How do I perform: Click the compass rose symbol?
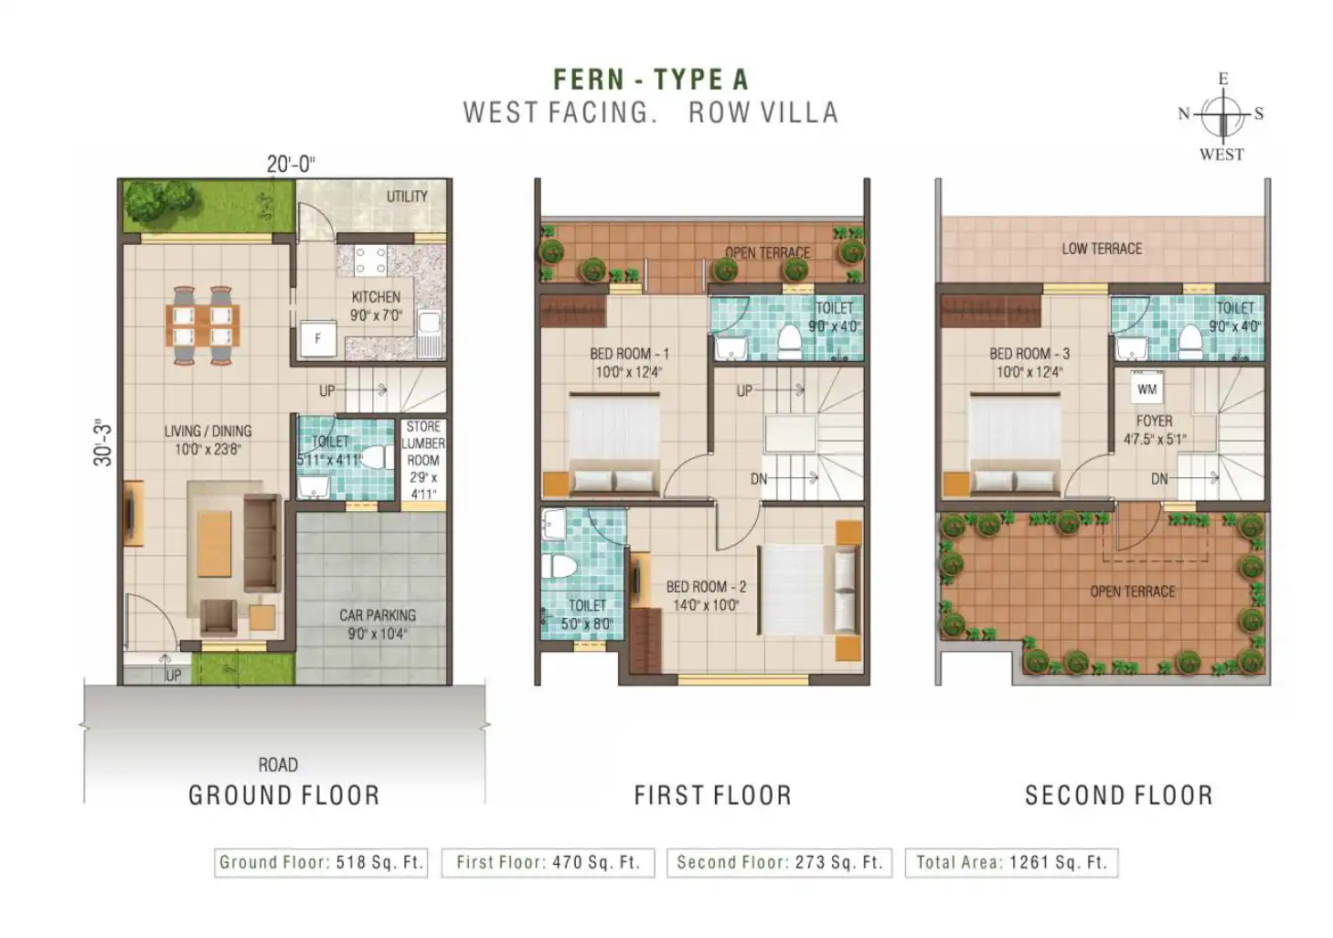point(1221,115)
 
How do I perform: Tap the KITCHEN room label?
point(376,297)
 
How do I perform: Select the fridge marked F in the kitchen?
point(318,338)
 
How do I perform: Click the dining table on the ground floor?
point(202,325)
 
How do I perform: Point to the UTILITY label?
point(407,197)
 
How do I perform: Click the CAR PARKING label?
point(378,615)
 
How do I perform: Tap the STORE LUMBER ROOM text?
point(423,443)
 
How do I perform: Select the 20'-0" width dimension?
point(291,165)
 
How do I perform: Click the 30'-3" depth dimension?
point(102,442)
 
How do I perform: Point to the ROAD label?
point(278,765)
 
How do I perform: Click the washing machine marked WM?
point(1146,389)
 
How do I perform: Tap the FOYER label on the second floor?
point(1154,421)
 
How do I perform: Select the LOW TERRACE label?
point(1102,249)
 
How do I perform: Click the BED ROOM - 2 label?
point(706,587)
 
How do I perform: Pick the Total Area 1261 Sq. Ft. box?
point(1012,862)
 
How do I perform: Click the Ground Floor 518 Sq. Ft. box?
point(321,862)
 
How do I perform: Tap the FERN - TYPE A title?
point(651,80)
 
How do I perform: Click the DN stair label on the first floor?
point(758,478)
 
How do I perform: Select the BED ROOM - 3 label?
point(1029,354)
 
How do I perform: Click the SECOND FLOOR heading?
point(1119,795)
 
